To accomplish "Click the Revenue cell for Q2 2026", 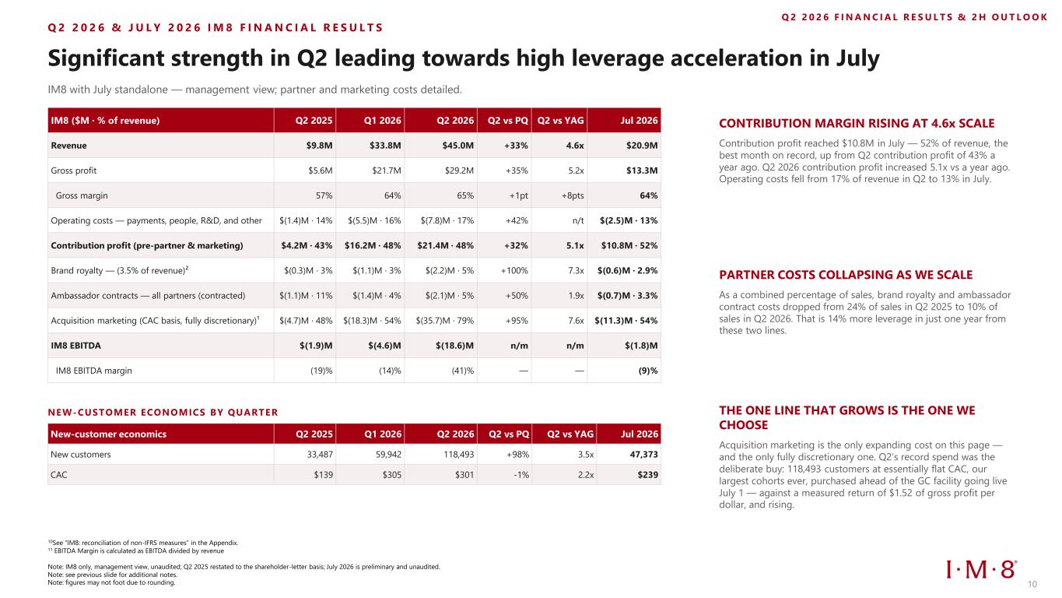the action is click(457, 146).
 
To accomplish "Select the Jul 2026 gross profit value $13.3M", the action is click(641, 171).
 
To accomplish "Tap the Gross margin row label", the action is click(82, 195).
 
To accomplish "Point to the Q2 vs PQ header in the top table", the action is click(508, 121).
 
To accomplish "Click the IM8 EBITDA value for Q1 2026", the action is click(384, 346).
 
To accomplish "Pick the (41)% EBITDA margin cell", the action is click(462, 371).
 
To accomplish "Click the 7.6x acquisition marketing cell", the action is click(576, 320).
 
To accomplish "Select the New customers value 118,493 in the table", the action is click(458, 454).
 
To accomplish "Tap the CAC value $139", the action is click(324, 475).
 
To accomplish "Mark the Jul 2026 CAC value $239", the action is click(647, 475).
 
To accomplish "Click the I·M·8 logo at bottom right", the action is click(981, 569).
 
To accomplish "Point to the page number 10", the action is click(1032, 584).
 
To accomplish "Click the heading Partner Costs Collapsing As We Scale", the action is click(846, 275).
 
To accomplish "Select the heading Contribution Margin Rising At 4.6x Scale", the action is click(857, 123).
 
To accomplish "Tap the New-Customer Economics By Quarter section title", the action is click(163, 413).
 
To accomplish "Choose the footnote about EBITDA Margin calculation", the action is click(136, 551).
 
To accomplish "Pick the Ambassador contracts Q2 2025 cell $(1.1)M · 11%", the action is click(306, 296).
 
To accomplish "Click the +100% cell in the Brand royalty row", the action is click(514, 270).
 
